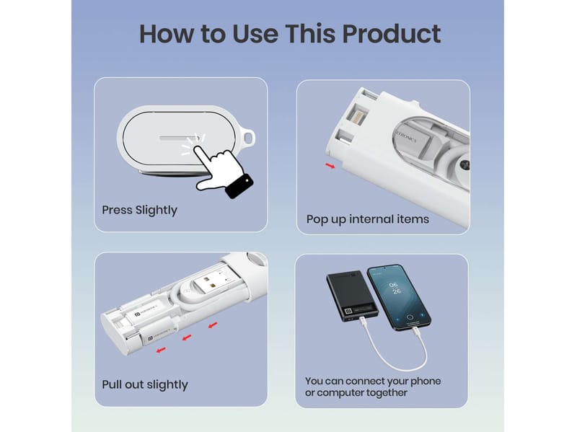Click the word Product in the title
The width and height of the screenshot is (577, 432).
tap(391, 33)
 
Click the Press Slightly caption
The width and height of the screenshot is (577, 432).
tap(139, 210)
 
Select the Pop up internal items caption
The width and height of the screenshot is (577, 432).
tap(368, 219)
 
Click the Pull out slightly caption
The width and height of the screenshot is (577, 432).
tap(145, 384)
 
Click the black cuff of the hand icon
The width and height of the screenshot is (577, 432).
tap(239, 186)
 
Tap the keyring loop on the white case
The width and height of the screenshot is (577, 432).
tap(249, 138)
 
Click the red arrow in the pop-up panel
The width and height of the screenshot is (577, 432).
tap(330, 166)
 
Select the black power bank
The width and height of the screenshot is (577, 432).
tap(351, 296)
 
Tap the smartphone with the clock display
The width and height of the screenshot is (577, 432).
tap(399, 297)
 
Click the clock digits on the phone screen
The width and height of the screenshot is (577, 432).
tap(395, 288)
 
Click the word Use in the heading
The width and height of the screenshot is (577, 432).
tap(255, 33)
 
